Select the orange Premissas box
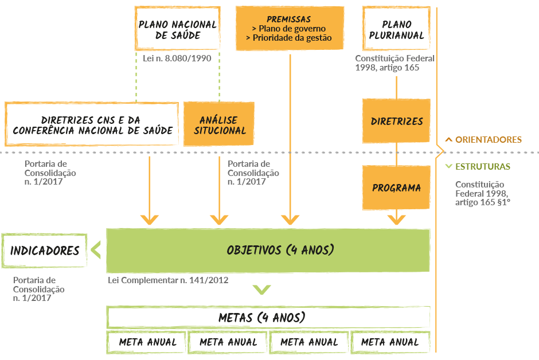[x=290, y=29]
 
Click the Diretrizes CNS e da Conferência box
[x=92, y=125]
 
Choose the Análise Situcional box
[x=218, y=125]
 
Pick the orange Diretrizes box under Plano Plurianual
[x=396, y=121]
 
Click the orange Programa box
[x=396, y=187]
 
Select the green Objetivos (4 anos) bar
[x=268, y=251]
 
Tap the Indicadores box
[x=45, y=251]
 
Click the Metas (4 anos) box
[x=268, y=317]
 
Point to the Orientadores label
[x=488, y=139]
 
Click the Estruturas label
[x=482, y=167]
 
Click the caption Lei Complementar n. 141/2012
[x=168, y=280]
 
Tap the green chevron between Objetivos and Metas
[x=262, y=290]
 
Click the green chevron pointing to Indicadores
[x=96, y=251]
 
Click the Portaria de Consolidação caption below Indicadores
[x=38, y=289]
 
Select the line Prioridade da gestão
[x=289, y=38]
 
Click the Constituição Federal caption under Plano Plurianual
[x=395, y=63]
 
